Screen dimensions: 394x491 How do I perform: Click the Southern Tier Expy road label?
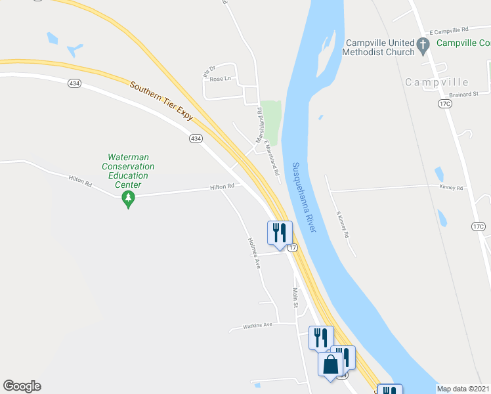coord(162,101)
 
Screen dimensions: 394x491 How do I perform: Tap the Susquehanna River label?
coord(306,198)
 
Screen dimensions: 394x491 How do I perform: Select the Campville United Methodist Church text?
coord(380,47)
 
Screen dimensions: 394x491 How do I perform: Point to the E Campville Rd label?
coord(448,30)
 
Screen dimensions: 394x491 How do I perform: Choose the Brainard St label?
coord(465,95)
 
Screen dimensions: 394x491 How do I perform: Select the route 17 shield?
coord(292,248)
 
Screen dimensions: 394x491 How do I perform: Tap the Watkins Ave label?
coord(257,325)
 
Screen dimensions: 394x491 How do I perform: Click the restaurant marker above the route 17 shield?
coord(279,233)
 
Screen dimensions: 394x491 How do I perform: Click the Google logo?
coord(22,386)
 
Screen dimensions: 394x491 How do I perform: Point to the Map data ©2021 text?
coord(463,389)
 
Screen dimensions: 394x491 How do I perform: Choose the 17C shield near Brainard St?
coord(446,104)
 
